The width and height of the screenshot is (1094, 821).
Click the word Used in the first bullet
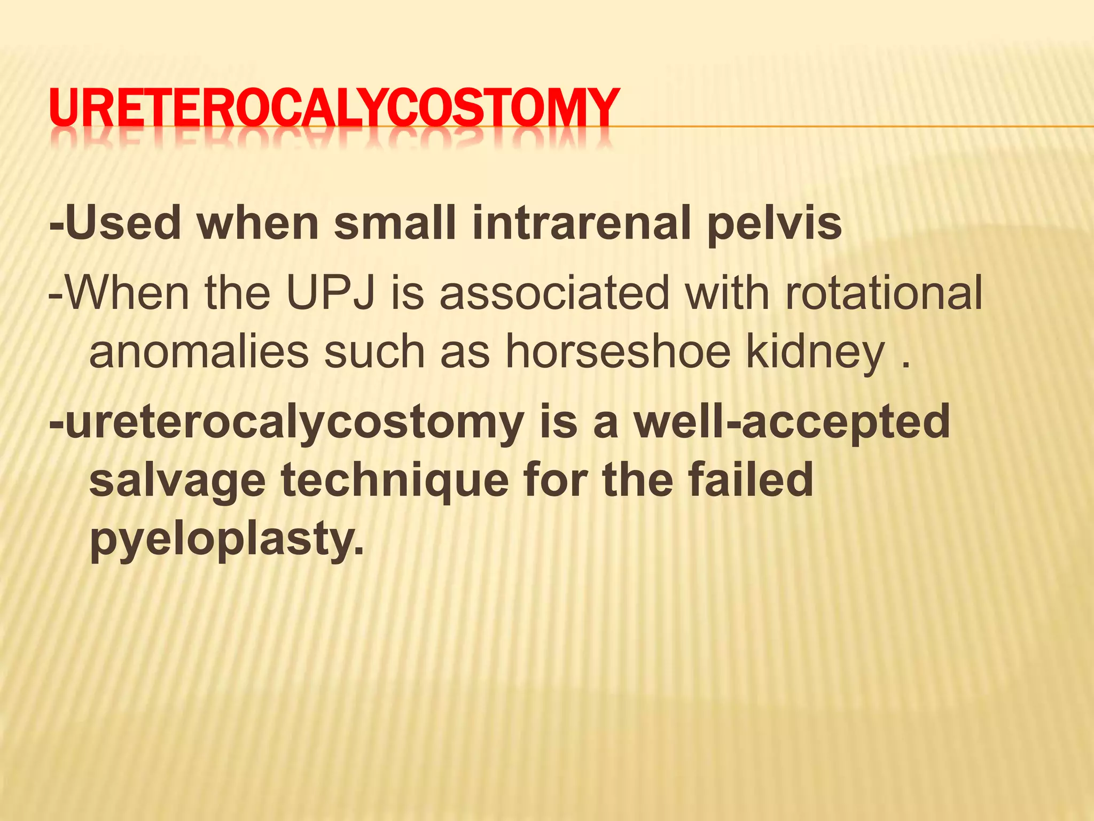pos(123,223)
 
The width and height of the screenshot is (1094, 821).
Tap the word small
pos(395,223)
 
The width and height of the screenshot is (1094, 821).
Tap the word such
pos(374,352)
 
